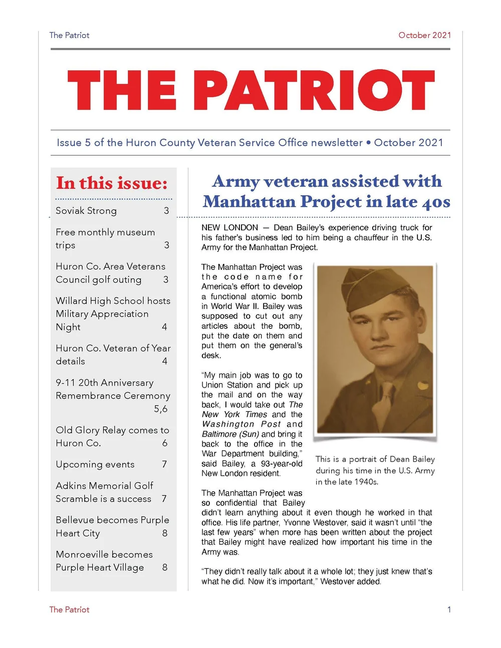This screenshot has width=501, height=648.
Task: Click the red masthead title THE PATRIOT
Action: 250,90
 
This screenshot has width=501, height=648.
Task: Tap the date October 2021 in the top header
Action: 424,35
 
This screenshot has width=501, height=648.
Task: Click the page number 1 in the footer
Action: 449,609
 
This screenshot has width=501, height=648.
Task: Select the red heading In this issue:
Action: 112,183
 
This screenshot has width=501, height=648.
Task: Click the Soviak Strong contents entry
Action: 86,211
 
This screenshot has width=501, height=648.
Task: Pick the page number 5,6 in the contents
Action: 160,409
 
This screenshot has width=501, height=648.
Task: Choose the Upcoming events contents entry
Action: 95,464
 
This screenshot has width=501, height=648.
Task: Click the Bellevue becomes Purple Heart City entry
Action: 112,526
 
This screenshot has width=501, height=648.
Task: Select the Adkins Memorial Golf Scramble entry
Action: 104,492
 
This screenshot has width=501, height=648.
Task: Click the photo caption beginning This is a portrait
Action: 375,470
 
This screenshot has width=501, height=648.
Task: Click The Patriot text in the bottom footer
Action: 69,609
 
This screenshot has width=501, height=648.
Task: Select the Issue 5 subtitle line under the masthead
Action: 250,143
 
